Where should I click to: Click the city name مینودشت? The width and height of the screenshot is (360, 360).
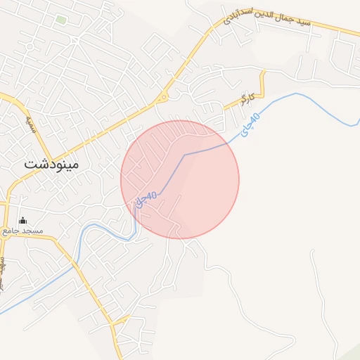pos(53,164)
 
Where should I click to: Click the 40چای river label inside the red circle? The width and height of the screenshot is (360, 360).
pos(146,198)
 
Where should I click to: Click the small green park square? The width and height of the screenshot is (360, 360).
pos(61,20)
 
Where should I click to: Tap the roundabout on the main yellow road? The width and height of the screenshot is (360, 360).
pos(164,98)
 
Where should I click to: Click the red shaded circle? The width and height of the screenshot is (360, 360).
pos(180,179)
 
